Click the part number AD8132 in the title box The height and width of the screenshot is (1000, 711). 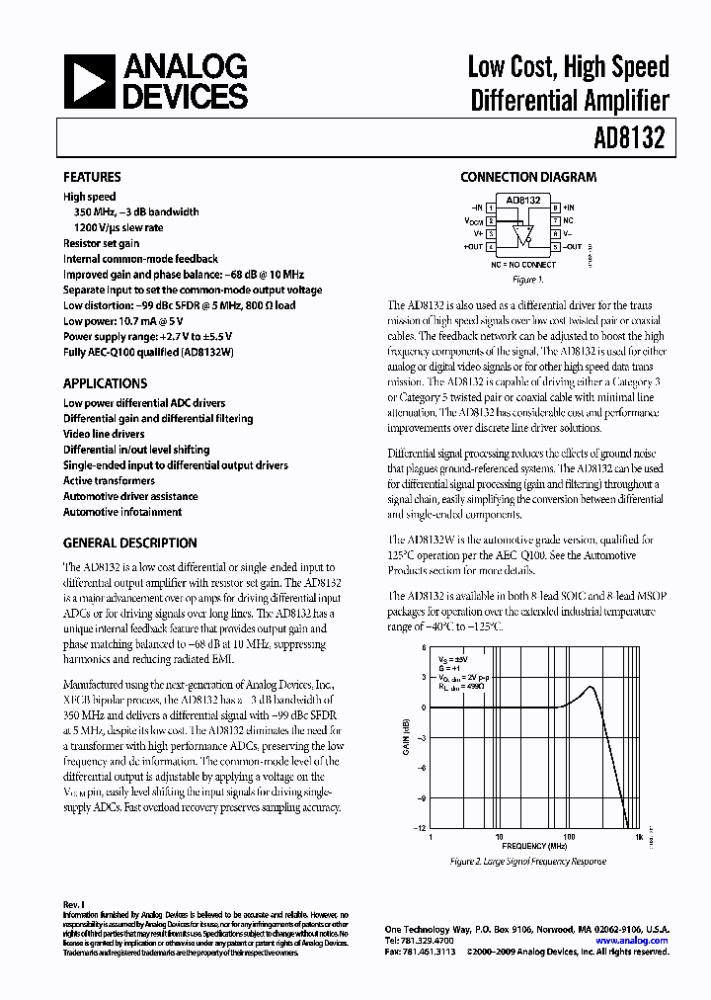coord(629,138)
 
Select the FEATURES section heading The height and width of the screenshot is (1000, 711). coord(92,178)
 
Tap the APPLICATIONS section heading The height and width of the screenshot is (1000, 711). coord(105,383)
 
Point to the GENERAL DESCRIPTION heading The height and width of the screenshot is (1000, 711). coord(129,542)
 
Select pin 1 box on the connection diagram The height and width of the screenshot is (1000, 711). coord(491,208)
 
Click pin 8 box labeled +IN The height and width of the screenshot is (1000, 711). coord(556,208)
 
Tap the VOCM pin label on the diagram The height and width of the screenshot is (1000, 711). coord(473,221)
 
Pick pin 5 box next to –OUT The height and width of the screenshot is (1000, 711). coord(556,247)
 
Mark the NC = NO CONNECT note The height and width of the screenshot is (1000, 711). coord(523,265)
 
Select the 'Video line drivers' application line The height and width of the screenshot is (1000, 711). coord(104,434)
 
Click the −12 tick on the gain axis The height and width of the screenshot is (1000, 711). coord(420,828)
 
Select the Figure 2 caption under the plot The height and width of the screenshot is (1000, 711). coord(528,862)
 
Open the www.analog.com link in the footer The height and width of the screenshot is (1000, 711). coord(633,941)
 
